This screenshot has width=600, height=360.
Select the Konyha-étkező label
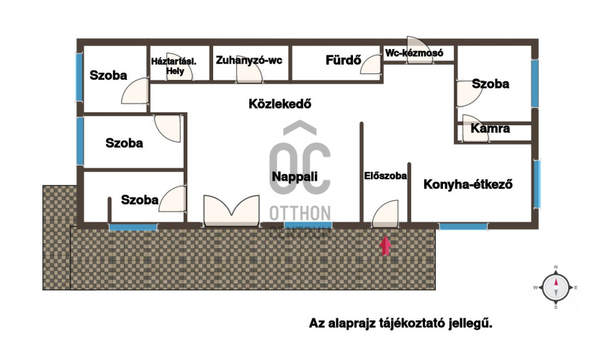(467, 184)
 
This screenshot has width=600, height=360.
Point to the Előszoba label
(385, 175)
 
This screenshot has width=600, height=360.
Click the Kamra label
(491, 130)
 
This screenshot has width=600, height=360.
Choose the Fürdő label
(343, 60)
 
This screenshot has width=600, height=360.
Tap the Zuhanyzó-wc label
(249, 60)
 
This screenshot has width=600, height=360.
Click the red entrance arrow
(386, 246)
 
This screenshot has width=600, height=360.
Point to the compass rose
(556, 288)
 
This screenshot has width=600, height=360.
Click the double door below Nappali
(230, 210)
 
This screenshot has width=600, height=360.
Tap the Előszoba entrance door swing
(383, 214)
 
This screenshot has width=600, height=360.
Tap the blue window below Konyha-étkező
(462, 226)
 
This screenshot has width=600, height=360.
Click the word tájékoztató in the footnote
(417, 324)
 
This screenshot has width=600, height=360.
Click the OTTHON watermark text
(300, 212)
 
